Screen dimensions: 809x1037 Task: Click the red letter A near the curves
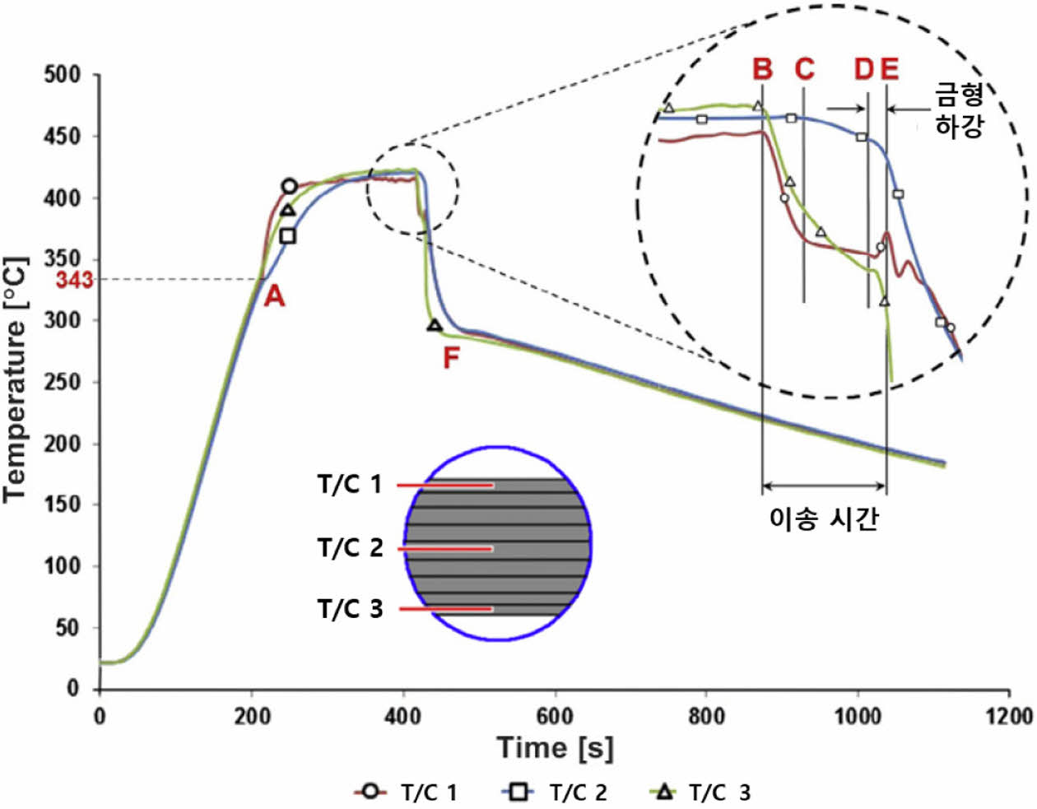(274, 295)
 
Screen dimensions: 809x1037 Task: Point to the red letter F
(451, 358)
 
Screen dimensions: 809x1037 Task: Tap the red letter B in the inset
(763, 69)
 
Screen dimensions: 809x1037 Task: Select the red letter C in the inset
(804, 69)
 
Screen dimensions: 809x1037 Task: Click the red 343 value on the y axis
(74, 280)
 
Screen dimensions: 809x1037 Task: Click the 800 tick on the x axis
(706, 715)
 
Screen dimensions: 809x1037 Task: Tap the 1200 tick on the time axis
(1009, 715)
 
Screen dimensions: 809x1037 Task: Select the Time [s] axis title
(555, 748)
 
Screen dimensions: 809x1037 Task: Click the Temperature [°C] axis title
(16, 379)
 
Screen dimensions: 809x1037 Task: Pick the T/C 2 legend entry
(555, 792)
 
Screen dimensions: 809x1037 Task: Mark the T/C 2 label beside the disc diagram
(351, 547)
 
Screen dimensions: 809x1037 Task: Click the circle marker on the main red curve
(289, 187)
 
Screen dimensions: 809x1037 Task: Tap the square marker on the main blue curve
(287, 236)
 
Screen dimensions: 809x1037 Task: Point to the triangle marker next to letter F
(435, 326)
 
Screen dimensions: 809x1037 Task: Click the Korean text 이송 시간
(824, 518)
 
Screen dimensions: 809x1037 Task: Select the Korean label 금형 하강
(960, 110)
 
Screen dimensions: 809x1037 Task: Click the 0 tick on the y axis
(73, 688)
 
